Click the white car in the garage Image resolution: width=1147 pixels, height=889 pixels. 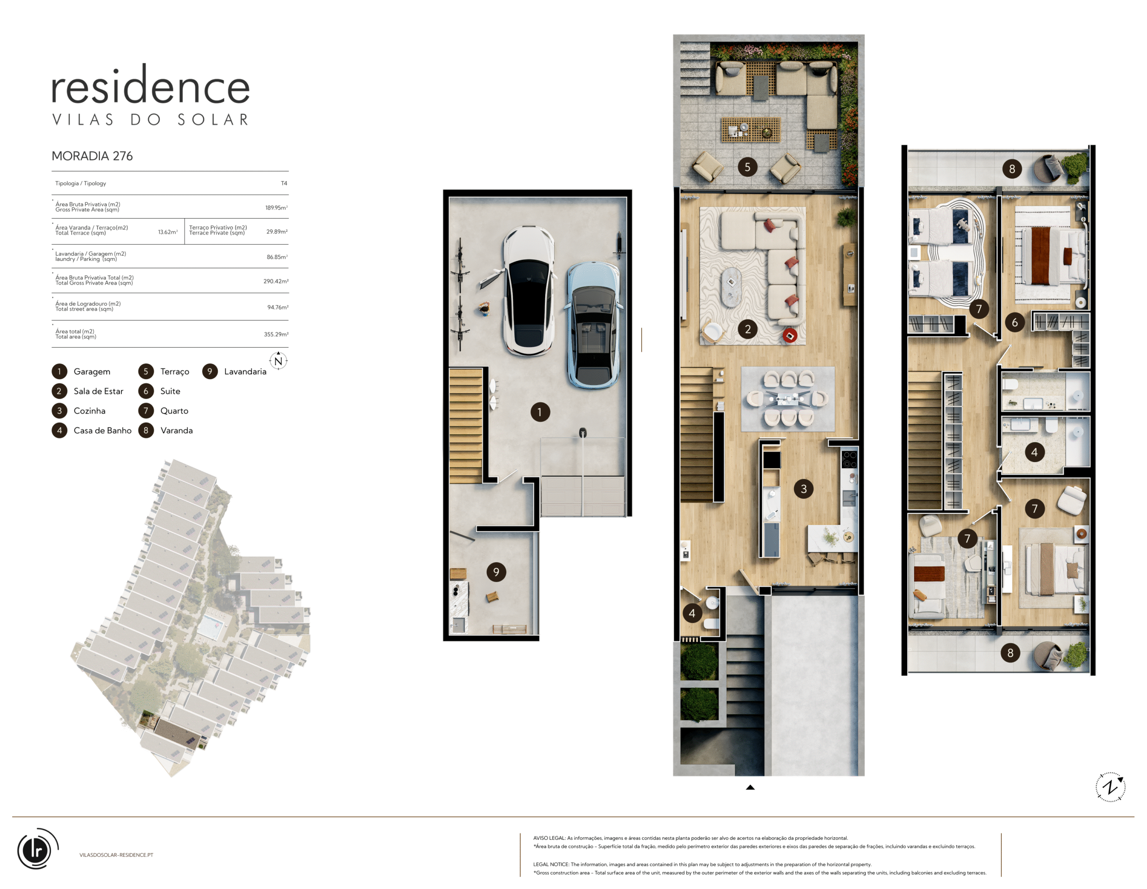coord(528,290)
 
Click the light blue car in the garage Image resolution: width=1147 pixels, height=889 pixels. coord(594,325)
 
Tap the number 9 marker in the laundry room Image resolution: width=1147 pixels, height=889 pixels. coord(496,572)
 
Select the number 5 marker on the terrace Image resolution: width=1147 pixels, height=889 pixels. coord(747,167)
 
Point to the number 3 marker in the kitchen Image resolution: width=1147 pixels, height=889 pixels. coord(803,489)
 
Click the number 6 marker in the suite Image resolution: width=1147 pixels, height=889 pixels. coord(1015,323)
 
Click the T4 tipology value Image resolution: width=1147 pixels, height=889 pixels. coord(284,183)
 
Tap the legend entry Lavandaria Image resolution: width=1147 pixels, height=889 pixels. coord(245,371)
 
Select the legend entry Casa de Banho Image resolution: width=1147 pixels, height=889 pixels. coord(103,431)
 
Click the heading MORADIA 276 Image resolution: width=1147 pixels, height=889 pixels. coord(92,156)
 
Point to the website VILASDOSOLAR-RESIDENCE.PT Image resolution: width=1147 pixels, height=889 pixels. coord(116,855)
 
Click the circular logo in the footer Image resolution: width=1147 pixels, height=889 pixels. coord(37,849)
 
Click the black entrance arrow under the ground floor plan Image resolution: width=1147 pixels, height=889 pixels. coord(750,787)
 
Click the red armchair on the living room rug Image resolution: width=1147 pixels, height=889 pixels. coord(789,335)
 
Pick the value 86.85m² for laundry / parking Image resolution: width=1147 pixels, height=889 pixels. coord(277,257)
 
